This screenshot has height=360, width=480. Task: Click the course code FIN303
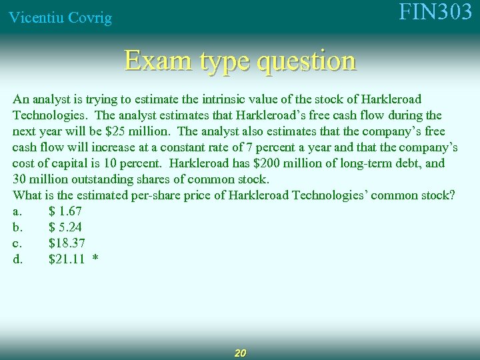tap(435, 13)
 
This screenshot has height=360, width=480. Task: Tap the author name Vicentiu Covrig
tap(60, 18)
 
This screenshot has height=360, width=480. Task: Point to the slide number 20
tap(241, 353)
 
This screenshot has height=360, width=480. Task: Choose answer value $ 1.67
tap(65, 211)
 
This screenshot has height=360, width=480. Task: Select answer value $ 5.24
tap(65, 227)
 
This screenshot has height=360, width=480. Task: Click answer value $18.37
tap(67, 243)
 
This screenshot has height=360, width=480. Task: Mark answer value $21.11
tap(67, 259)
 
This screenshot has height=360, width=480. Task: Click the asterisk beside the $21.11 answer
tap(96, 258)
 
